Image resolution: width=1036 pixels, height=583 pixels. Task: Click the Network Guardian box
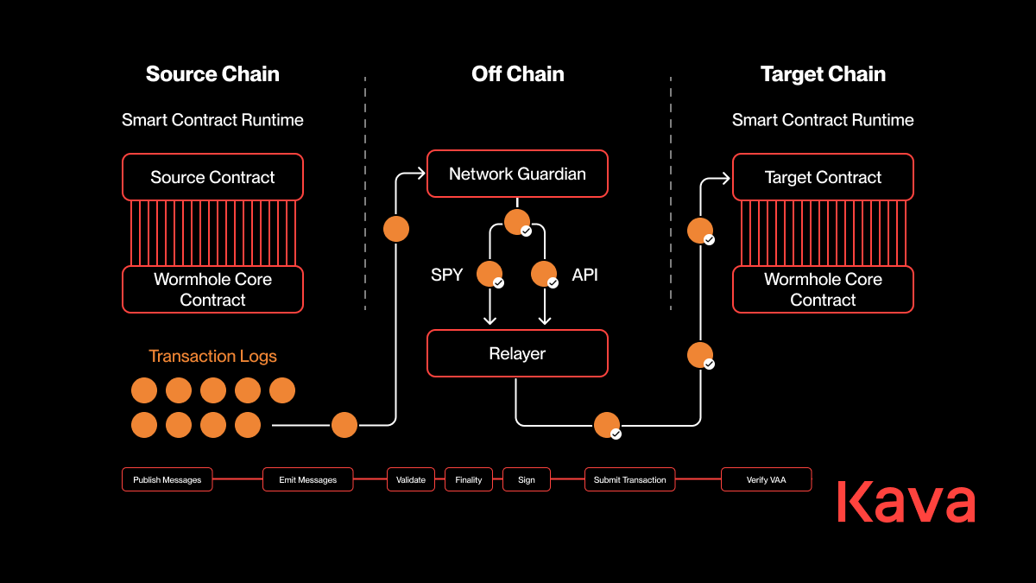[517, 174]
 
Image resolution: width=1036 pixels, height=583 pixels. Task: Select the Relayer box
[517, 353]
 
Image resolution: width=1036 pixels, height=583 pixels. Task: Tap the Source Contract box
[212, 177]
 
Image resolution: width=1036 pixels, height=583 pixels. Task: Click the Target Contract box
[823, 177]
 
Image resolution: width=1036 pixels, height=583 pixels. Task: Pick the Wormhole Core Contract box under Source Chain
[212, 289]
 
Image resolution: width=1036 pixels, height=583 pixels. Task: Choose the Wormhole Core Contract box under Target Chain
[823, 289]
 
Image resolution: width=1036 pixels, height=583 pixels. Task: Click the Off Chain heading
[517, 74]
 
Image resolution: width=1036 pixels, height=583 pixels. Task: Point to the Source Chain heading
[212, 74]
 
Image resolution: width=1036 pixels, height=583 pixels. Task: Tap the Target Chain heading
[823, 74]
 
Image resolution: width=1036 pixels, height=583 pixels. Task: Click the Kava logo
[906, 502]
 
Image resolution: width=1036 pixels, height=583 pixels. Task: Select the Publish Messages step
[167, 479]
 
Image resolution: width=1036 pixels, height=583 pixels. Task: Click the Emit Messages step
[307, 479]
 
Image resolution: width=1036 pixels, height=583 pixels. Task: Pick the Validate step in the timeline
[411, 479]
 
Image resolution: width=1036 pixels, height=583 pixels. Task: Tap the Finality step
[469, 479]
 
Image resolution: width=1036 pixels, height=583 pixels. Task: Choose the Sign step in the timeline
[527, 479]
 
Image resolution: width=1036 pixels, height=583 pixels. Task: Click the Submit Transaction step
[629, 479]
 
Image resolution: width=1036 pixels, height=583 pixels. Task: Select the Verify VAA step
[766, 479]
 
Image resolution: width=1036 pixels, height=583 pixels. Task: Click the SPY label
[447, 276]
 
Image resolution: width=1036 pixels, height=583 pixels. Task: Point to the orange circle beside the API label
[544, 274]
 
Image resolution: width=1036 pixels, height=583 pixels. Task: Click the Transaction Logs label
[212, 356]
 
